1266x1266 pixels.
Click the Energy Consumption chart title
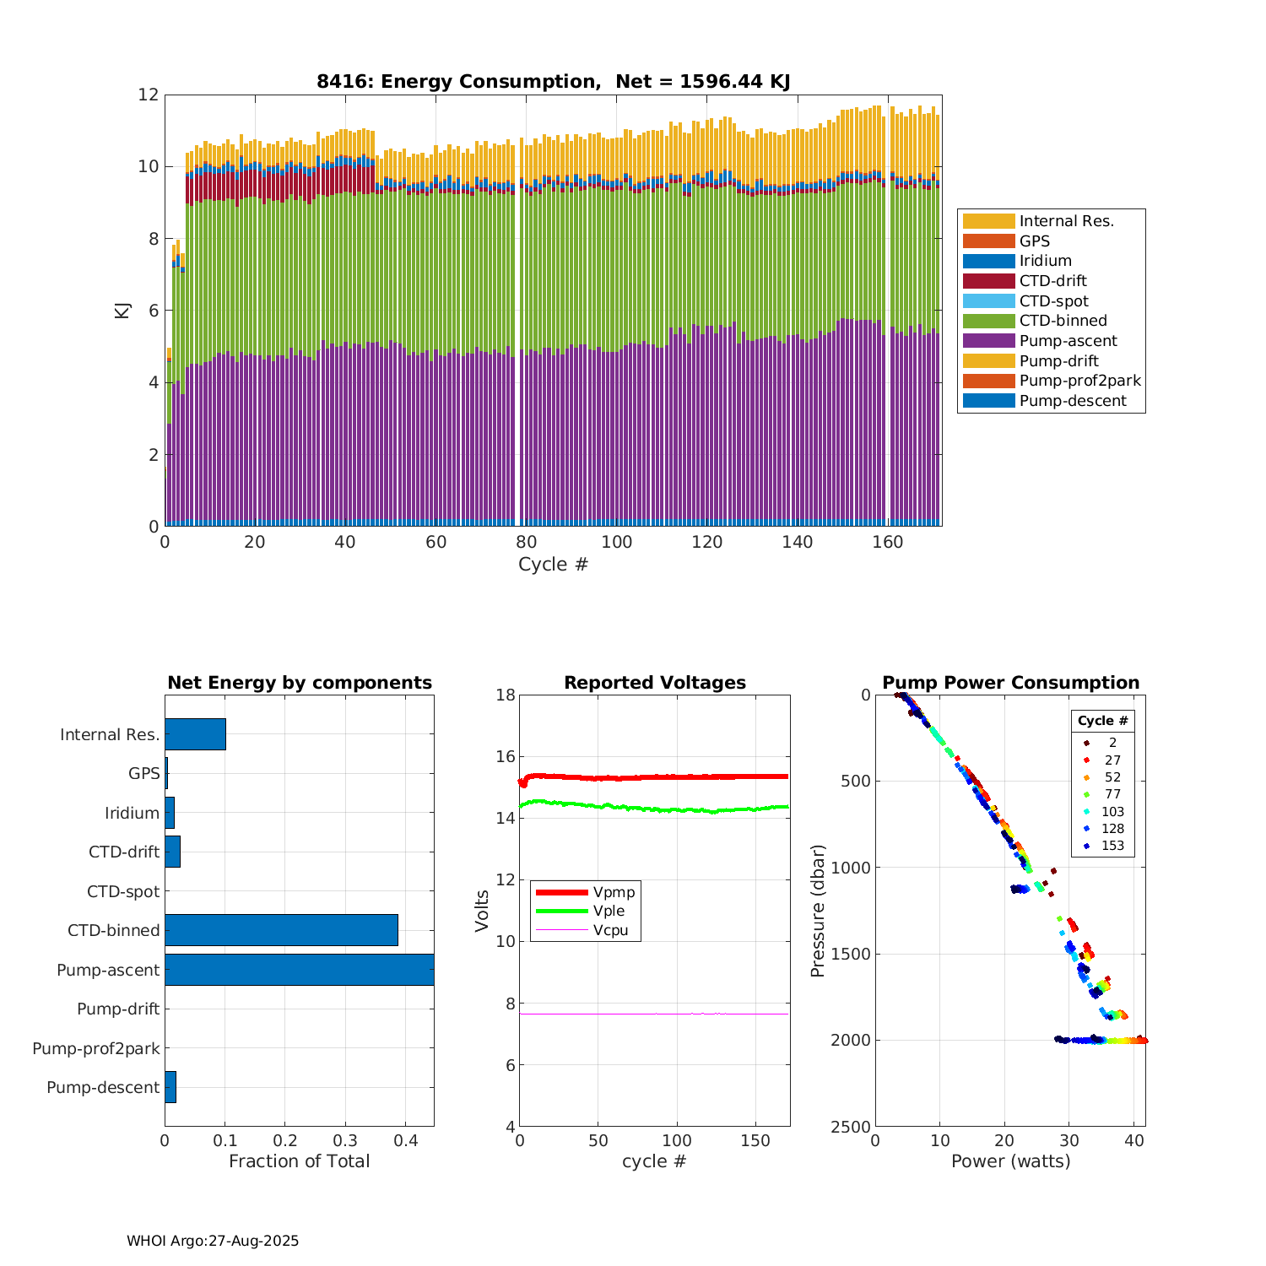pyautogui.click(x=553, y=82)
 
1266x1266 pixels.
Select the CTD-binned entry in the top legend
pyautogui.click(x=1063, y=321)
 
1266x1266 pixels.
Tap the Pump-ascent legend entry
pyautogui.click(x=1068, y=341)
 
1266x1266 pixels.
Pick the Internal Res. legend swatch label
pyautogui.click(x=1066, y=221)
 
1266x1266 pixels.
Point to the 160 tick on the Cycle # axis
pyautogui.click(x=888, y=543)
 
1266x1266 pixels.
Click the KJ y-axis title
pyautogui.click(x=123, y=311)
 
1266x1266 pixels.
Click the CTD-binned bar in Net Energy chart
pyautogui.click(x=281, y=930)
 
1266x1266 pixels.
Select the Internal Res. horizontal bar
pyautogui.click(x=195, y=734)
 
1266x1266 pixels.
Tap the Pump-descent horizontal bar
pyautogui.click(x=170, y=1087)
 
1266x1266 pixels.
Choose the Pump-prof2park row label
pyautogui.click(x=96, y=1048)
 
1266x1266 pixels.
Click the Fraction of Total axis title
pyautogui.click(x=299, y=1161)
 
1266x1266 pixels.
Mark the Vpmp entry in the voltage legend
pyautogui.click(x=614, y=892)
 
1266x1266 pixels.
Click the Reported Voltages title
pyautogui.click(x=654, y=683)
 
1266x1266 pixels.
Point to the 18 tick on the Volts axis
pyautogui.click(x=506, y=695)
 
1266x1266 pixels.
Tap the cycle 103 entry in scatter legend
pyautogui.click(x=1112, y=812)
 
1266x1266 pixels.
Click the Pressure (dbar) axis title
pyautogui.click(x=817, y=911)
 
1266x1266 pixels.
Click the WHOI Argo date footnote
pyautogui.click(x=213, y=1241)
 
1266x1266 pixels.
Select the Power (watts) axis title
pyautogui.click(x=1010, y=1161)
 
